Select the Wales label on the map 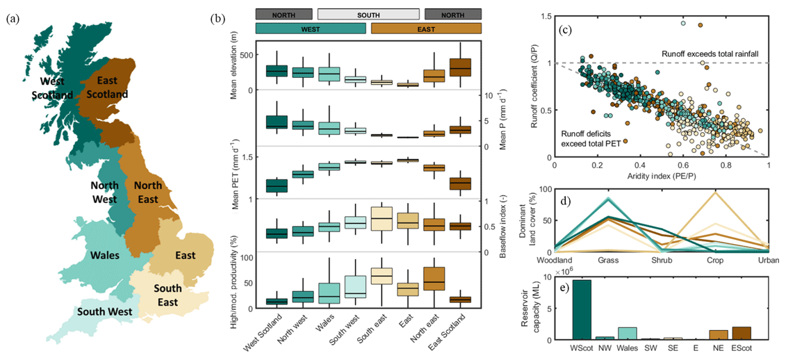104,254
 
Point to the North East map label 147,192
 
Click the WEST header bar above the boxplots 310,28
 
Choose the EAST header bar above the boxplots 426,28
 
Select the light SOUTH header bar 368,14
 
